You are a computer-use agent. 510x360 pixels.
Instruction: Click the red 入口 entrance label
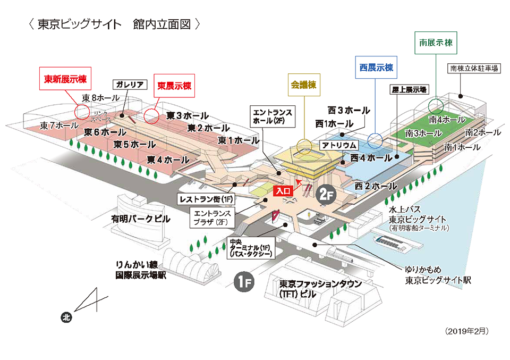[x=283, y=191]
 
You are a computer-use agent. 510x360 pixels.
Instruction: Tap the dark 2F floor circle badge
[x=326, y=195]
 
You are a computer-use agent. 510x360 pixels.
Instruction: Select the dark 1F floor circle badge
[x=244, y=282]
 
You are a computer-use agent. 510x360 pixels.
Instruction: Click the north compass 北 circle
[x=67, y=317]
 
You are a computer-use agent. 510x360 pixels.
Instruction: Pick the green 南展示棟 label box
[x=436, y=43]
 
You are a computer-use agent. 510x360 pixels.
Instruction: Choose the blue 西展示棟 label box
[x=376, y=68]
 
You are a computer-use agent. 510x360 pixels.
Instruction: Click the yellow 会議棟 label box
[x=304, y=85]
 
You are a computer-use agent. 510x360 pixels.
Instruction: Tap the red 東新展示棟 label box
[x=65, y=79]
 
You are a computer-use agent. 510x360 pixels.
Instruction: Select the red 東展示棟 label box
[x=174, y=86]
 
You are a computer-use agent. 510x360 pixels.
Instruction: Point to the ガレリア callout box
[x=130, y=85]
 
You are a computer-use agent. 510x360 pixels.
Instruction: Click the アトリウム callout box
[x=339, y=145]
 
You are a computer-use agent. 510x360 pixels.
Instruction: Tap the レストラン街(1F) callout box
[x=206, y=199]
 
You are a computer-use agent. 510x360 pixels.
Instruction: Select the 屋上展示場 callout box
[x=409, y=89]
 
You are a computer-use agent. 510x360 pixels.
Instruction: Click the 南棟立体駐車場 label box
[x=474, y=69]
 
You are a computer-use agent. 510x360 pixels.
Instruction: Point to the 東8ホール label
[x=101, y=98]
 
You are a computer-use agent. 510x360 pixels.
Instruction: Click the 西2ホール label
[x=376, y=186]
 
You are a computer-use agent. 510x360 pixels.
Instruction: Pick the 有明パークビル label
[x=140, y=219]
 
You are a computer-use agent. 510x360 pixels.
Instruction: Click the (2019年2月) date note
[x=467, y=331]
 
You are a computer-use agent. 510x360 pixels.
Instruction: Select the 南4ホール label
[x=447, y=120]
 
